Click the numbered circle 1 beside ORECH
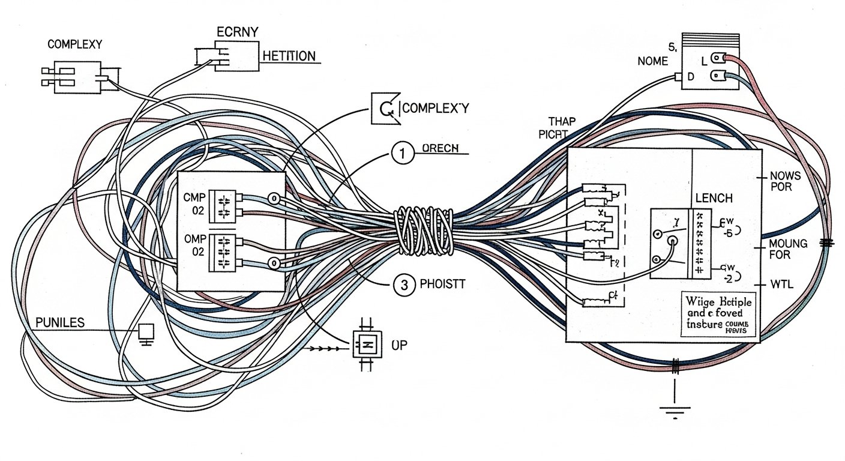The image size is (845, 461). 403,154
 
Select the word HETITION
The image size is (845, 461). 289,56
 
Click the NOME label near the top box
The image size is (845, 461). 653,60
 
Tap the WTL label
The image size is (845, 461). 781,284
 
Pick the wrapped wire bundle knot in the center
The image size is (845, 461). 423,230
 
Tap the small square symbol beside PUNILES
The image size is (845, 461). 145,332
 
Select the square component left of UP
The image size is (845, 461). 365,345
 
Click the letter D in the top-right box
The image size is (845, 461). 691,77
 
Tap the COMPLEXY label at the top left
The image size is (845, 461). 74,44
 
